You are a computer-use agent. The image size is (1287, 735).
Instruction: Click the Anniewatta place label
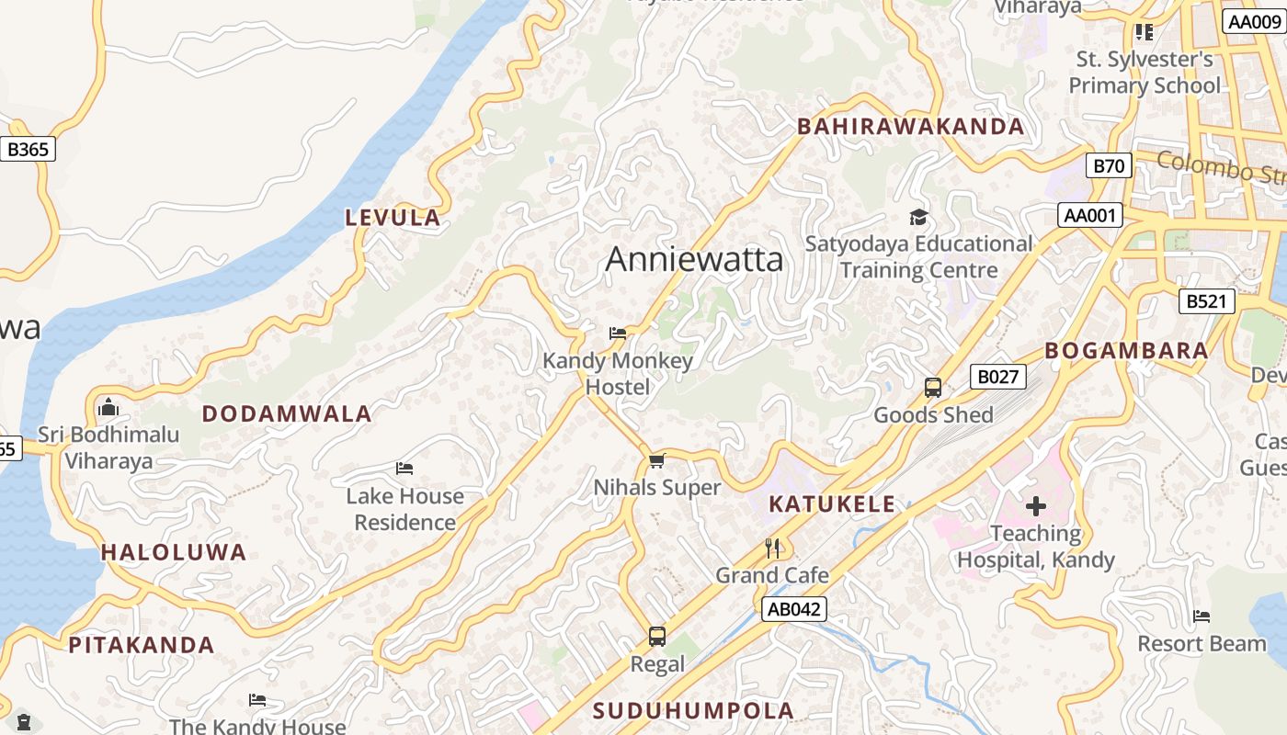pyautogui.click(x=694, y=259)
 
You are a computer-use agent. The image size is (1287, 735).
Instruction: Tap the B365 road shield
pyautogui.click(x=28, y=149)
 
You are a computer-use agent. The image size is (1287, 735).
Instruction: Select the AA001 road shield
pyautogui.click(x=1090, y=216)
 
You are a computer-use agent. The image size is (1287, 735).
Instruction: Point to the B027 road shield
pyautogui.click(x=997, y=377)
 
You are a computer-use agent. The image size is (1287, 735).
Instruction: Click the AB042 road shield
pyautogui.click(x=794, y=608)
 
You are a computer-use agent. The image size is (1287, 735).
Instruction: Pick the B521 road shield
pyautogui.click(x=1207, y=301)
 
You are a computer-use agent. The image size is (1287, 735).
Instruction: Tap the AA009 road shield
pyautogui.click(x=1254, y=22)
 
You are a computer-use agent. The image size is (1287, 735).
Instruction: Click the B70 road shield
pyautogui.click(x=1109, y=166)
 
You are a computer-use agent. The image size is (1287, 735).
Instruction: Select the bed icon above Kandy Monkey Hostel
pyautogui.click(x=618, y=333)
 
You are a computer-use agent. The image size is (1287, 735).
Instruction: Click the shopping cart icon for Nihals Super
pyautogui.click(x=656, y=460)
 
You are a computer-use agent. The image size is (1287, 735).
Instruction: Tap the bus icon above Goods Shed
pyautogui.click(x=933, y=388)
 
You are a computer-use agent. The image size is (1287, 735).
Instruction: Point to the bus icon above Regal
pyautogui.click(x=656, y=636)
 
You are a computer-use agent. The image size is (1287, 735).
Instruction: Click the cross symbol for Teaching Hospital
pyautogui.click(x=1036, y=505)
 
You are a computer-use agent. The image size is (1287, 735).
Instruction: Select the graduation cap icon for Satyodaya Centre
pyautogui.click(x=918, y=218)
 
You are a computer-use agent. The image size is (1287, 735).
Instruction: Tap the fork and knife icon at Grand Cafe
pyautogui.click(x=772, y=548)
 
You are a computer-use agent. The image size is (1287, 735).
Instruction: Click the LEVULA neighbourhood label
pyautogui.click(x=393, y=218)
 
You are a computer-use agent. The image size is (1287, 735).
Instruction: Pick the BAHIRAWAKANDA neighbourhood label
pyautogui.click(x=910, y=127)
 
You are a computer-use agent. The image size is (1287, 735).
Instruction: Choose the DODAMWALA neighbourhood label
pyautogui.click(x=287, y=413)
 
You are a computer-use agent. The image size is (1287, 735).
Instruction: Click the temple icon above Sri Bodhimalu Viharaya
pyautogui.click(x=108, y=406)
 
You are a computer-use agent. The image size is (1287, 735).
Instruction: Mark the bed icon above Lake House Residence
pyautogui.click(x=404, y=469)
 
